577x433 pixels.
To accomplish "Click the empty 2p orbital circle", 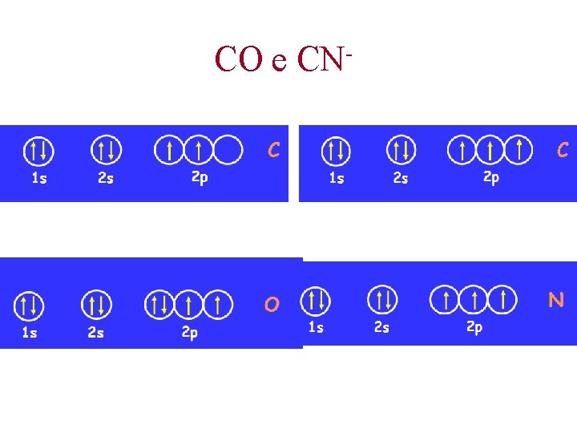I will (228, 149).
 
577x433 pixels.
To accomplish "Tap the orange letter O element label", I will (272, 305).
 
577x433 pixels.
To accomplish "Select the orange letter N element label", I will (555, 300).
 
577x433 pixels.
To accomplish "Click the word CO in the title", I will (238, 59).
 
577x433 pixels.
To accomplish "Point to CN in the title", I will (321, 59).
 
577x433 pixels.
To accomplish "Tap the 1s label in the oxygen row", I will (29, 333).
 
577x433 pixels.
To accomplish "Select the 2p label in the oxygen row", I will (189, 333).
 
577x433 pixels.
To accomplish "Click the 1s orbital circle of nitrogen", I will (315, 301).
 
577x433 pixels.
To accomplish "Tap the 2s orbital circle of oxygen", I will (96, 305).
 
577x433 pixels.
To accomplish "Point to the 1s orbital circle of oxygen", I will (29, 305).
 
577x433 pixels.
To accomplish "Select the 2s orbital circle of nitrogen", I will (382, 300).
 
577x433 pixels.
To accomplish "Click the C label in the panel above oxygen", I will (273, 149).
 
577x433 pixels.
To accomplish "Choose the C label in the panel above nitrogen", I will (563, 149).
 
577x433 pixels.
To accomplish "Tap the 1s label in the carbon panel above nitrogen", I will (337, 178).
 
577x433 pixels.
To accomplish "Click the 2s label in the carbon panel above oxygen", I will (105, 178).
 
